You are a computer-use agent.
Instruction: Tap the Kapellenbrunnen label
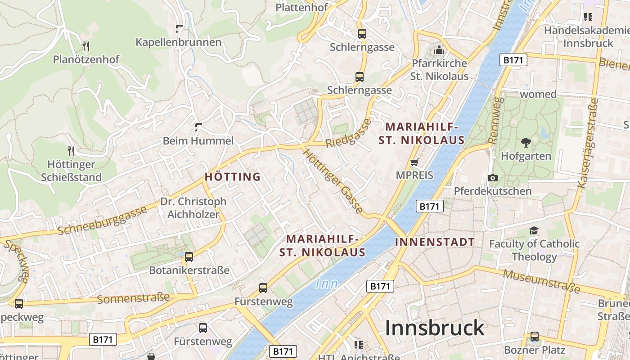[x=179, y=42]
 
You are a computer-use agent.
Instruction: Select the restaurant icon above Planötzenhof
[x=86, y=46]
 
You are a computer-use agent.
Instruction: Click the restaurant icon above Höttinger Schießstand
[x=71, y=150]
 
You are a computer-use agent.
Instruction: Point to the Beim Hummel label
[x=198, y=141]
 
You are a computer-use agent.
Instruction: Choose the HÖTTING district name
[x=233, y=177]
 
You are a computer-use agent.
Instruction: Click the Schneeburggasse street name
[x=103, y=221]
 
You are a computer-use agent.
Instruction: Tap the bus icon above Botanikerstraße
[x=189, y=257]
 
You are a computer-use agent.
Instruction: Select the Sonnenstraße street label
[x=133, y=298]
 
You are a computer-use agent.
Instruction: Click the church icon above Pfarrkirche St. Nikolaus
[x=439, y=49]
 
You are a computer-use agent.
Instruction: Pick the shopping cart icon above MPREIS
[x=414, y=162]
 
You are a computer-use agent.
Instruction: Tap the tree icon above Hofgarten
[x=526, y=143]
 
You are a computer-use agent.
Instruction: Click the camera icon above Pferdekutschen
[x=493, y=178]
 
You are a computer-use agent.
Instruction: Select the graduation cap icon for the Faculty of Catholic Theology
[x=534, y=230]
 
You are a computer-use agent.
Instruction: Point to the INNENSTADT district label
[x=435, y=242]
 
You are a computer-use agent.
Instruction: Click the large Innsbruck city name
[x=435, y=328]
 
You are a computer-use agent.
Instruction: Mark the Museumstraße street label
[x=541, y=281]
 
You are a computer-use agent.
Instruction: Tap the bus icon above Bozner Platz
[x=534, y=336]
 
